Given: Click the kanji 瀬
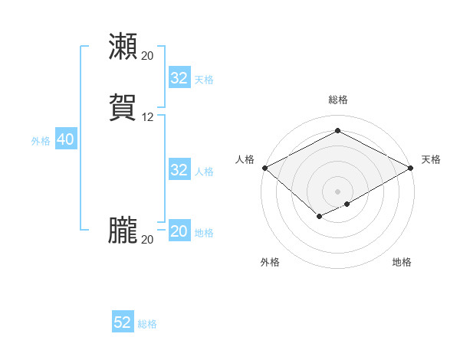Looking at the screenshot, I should pos(123,46).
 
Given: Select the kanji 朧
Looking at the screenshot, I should pos(123,231).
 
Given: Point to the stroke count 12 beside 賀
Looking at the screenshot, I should pos(148,117).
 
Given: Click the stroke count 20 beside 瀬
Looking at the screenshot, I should pos(148,56).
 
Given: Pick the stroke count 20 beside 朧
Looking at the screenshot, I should pos(148,240).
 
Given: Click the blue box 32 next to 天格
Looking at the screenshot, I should pos(179,78).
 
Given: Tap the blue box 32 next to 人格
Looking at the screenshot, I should pos(179,170).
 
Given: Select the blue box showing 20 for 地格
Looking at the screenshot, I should pos(179,231).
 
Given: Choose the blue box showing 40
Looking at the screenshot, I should pos(65,139).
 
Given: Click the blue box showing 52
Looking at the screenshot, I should pos(123,322).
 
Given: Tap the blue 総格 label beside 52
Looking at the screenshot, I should pos(147,324).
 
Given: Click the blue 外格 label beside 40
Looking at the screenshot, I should pos(41,141).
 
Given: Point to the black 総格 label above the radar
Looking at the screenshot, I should pos(338,100).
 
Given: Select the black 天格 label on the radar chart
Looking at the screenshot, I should pos(432,159).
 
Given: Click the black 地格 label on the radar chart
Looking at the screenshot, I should pos(402,262).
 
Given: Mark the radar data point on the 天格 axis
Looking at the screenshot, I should pos(412,168).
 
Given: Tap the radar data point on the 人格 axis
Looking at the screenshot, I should pos(264,168).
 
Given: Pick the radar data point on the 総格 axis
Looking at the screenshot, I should pos(338,131).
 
